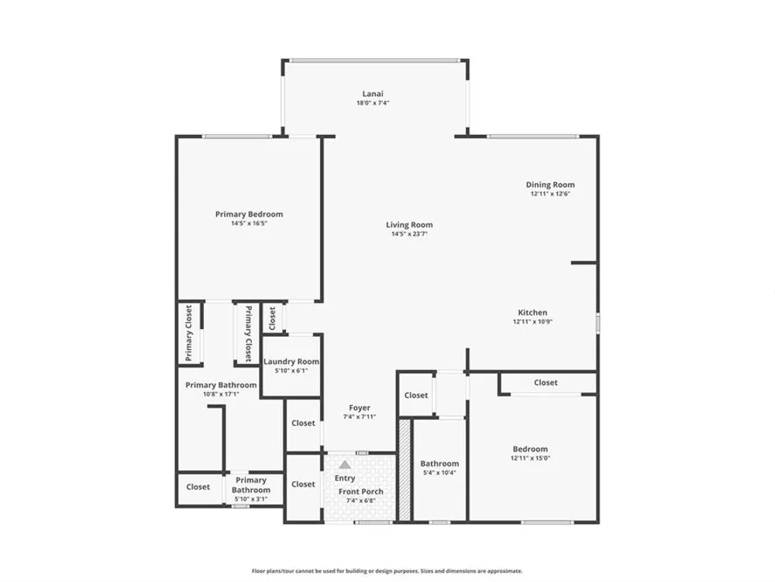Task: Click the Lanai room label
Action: point(373,94)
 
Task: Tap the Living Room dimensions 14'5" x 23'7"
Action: point(409,234)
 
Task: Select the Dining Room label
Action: point(550,185)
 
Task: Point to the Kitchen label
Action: point(532,312)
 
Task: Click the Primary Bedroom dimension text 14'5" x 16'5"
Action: point(249,223)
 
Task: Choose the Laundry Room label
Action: point(291,362)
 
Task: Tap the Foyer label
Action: point(360,408)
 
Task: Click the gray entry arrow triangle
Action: point(345,465)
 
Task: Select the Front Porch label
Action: point(361,491)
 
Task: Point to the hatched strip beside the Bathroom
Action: point(405,469)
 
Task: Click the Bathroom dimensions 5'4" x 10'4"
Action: point(439,473)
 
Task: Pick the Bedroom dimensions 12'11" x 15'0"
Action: point(530,459)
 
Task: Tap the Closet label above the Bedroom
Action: point(546,383)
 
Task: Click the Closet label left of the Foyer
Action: point(303,423)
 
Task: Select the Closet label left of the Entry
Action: point(303,484)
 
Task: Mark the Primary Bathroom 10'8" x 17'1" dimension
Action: point(221,394)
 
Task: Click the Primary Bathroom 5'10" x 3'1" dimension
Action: point(251,499)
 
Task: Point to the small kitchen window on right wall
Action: point(598,323)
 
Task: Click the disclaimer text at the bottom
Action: point(387,571)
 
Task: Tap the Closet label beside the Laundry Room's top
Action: point(272,318)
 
